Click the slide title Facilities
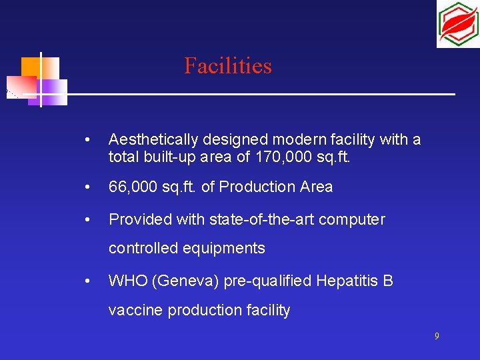(x=228, y=66)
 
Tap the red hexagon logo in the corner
(x=457, y=24)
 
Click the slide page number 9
(x=437, y=337)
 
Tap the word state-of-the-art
(x=263, y=219)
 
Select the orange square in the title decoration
(x=31, y=67)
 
